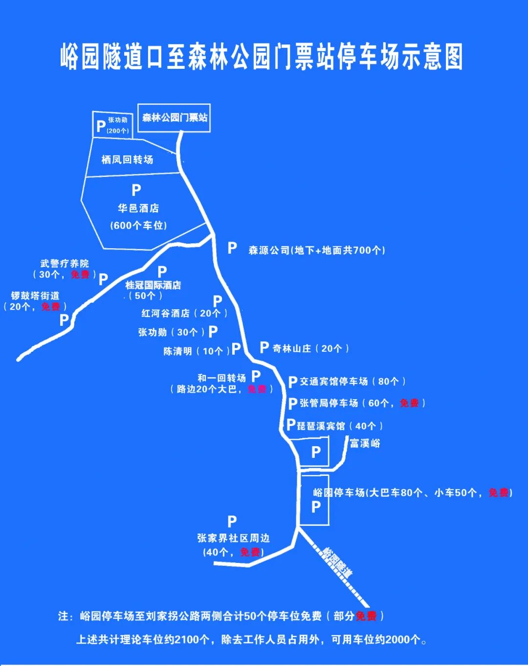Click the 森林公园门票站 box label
[x=175, y=118]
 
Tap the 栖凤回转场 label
[x=127, y=160]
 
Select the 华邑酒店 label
[x=138, y=209]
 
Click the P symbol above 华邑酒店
[x=136, y=190]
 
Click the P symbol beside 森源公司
[x=232, y=248]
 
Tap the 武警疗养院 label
[x=65, y=264]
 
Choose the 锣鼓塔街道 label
[x=35, y=296]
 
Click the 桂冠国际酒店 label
[x=153, y=285]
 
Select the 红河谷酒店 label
[x=165, y=313]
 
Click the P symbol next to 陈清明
[x=236, y=348]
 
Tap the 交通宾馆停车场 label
[x=333, y=382]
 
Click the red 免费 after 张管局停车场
[x=409, y=403]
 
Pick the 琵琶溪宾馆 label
[x=321, y=426]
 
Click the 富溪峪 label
[x=365, y=444]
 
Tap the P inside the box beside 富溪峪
[x=316, y=452]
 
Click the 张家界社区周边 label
[x=233, y=538]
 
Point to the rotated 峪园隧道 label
[x=337, y=561]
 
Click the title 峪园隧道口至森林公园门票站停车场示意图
[x=262, y=57]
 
